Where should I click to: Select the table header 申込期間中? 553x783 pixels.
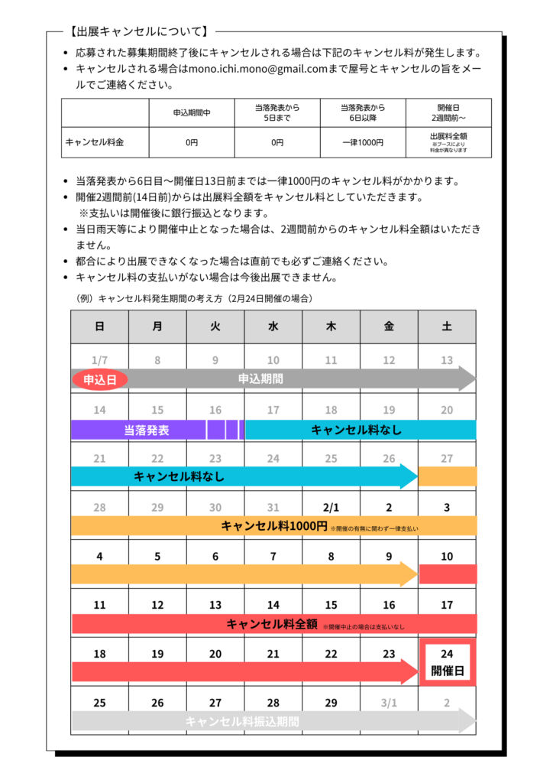tap(191, 113)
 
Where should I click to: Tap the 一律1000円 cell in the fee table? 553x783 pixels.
tap(362, 142)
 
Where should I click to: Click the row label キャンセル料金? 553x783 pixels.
tap(95, 142)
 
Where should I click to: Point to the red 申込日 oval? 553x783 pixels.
tap(99, 379)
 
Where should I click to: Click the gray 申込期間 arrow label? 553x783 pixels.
tap(260, 379)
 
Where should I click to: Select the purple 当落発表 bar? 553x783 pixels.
tap(147, 430)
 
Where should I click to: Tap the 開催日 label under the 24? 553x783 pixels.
tap(448, 671)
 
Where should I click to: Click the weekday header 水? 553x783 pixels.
tap(273, 327)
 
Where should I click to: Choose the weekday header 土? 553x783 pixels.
tap(447, 327)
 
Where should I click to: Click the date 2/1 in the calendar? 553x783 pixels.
tap(331, 507)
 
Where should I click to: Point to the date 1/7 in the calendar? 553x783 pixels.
tap(99, 360)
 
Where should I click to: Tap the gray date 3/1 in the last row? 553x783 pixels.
tap(389, 703)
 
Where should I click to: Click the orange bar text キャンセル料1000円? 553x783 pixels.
tap(274, 526)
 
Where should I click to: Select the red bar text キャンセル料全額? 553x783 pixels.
tap(272, 624)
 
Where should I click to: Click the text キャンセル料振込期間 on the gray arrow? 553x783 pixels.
tap(242, 721)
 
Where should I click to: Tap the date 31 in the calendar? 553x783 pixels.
tap(273, 507)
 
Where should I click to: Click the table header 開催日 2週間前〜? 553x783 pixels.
tap(448, 113)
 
